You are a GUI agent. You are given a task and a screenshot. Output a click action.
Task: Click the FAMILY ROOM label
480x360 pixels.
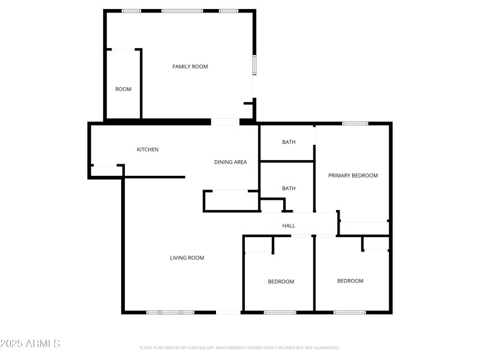(x=190, y=67)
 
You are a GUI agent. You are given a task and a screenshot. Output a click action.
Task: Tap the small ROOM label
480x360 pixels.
(x=123, y=89)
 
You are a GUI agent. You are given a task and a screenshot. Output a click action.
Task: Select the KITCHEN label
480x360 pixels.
(x=148, y=149)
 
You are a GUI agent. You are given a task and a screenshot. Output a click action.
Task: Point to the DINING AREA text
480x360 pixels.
(x=230, y=162)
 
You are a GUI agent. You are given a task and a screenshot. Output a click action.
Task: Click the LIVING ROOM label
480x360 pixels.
(x=187, y=258)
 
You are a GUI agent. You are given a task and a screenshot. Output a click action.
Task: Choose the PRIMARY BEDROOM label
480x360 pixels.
(x=353, y=175)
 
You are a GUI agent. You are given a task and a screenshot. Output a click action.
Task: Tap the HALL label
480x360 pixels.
(x=289, y=226)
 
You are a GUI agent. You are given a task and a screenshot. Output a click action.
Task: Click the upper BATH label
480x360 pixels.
(x=289, y=142)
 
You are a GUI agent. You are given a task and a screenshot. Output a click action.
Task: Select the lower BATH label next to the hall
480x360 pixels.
(x=289, y=188)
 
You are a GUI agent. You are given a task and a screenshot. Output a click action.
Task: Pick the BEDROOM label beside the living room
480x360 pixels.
(x=281, y=281)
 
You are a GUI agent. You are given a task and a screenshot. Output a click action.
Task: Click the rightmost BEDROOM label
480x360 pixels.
(x=350, y=281)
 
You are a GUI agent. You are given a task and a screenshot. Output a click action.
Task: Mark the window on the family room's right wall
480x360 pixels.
(x=254, y=64)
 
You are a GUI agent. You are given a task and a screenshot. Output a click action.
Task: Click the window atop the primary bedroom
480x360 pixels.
(x=355, y=124)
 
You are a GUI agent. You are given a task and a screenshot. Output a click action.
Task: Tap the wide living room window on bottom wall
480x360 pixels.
(x=170, y=312)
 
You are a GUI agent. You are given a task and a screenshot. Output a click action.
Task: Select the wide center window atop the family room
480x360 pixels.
(x=182, y=11)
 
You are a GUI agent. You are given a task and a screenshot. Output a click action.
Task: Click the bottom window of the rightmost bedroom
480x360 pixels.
(x=350, y=312)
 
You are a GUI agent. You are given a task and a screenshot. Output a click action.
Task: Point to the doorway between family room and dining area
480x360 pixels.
(x=226, y=122)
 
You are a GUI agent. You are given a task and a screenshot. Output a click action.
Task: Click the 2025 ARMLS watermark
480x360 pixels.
(x=30, y=344)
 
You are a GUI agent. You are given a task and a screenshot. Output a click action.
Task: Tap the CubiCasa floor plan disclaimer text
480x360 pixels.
(x=240, y=347)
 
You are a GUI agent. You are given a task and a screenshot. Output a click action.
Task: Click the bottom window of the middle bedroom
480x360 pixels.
(x=280, y=312)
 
